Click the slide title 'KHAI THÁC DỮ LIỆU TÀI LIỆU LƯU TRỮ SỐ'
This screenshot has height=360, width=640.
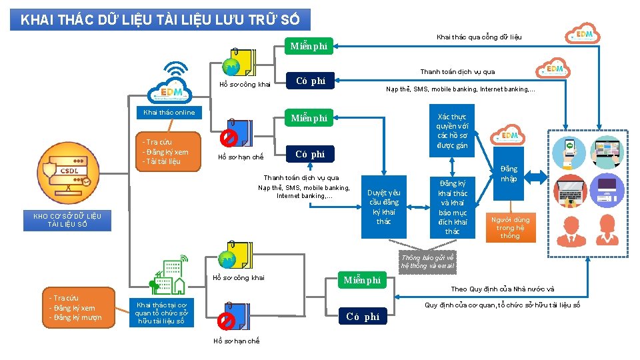pyautogui.click(x=160, y=19)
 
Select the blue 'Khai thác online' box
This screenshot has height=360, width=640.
pyautogui.click(x=169, y=113)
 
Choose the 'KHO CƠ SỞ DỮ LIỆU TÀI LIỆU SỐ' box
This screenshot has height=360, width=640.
pyautogui.click(x=68, y=220)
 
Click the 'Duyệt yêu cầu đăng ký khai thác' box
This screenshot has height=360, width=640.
pyautogui.click(x=383, y=207)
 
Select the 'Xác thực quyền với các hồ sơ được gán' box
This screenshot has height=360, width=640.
pyautogui.click(x=453, y=131)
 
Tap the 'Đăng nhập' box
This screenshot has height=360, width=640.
pyautogui.click(x=509, y=174)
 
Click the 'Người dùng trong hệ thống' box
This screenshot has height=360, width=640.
pyautogui.click(x=510, y=227)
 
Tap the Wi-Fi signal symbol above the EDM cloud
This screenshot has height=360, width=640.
pyautogui.click(x=176, y=70)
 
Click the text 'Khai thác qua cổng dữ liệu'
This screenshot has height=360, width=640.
pyautogui.click(x=479, y=37)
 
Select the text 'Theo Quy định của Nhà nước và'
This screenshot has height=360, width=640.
pyautogui.click(x=503, y=289)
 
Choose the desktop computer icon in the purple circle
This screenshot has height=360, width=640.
pyautogui.click(x=607, y=191)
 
